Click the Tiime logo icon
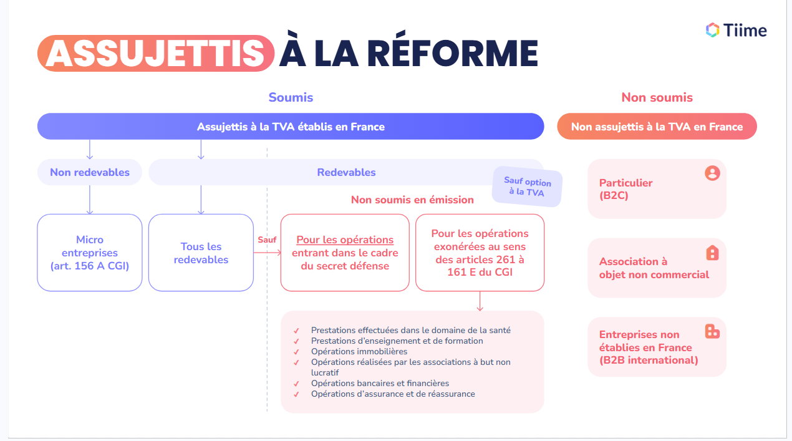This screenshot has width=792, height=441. tap(712, 30)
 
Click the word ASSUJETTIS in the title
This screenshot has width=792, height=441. tap(155, 52)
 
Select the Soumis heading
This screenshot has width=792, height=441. tap(291, 97)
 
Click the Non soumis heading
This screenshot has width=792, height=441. tap(657, 97)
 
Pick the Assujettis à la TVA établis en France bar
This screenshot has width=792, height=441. tap(291, 127)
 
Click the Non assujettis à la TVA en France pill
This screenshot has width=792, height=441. tap(657, 127)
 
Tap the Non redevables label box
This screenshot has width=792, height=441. tap(90, 172)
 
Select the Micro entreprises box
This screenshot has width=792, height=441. tap(90, 253)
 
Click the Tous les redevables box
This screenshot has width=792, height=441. tap(201, 253)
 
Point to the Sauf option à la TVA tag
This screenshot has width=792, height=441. tap(527, 187)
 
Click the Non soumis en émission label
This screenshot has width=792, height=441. tap(412, 200)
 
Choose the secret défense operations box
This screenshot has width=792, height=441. tap(345, 253)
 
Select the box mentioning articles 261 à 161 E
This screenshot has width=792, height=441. tap(480, 253)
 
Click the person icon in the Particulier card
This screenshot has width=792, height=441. tap(712, 173)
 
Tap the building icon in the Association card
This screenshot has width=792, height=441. tap(712, 253)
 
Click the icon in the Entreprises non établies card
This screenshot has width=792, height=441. tap(712, 331)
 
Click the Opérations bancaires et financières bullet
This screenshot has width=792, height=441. tap(380, 384)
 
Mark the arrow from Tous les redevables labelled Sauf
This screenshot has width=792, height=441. tap(267, 253)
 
